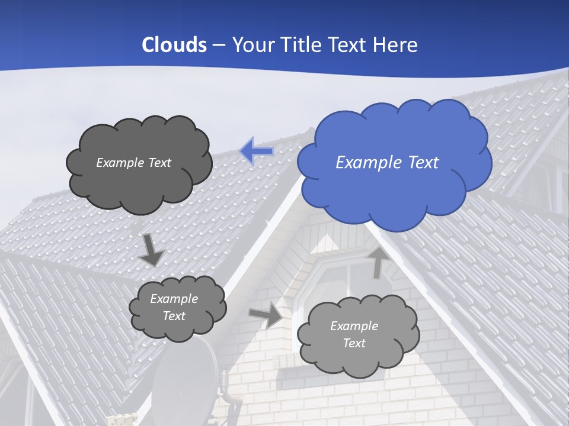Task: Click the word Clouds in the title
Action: click(x=174, y=45)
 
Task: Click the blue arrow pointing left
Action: click(x=256, y=151)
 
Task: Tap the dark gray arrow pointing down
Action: click(x=151, y=250)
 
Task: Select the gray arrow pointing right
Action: click(x=266, y=315)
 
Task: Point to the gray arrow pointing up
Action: click(x=377, y=262)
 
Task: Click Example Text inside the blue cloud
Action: click(x=387, y=163)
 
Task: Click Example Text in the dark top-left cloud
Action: click(x=133, y=163)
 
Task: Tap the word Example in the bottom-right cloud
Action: click(x=354, y=326)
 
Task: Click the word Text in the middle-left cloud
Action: click(x=174, y=316)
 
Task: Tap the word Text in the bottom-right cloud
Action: click(x=354, y=343)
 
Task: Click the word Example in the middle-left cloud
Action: click(x=174, y=299)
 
